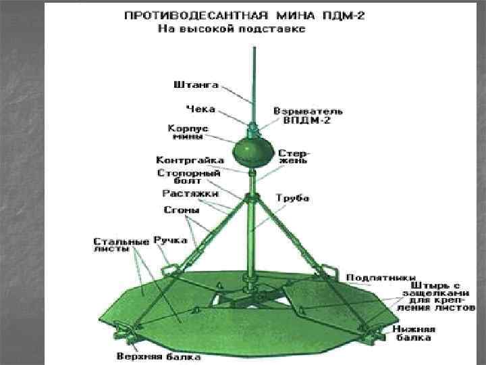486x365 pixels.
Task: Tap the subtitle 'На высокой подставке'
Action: click(x=232, y=29)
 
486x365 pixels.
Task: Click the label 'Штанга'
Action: click(x=196, y=86)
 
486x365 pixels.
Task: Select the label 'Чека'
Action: click(x=200, y=108)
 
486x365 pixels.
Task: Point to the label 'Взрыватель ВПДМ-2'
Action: click(x=308, y=115)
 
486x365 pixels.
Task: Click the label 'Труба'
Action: click(x=292, y=198)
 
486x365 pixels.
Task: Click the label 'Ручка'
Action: click(x=166, y=240)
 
